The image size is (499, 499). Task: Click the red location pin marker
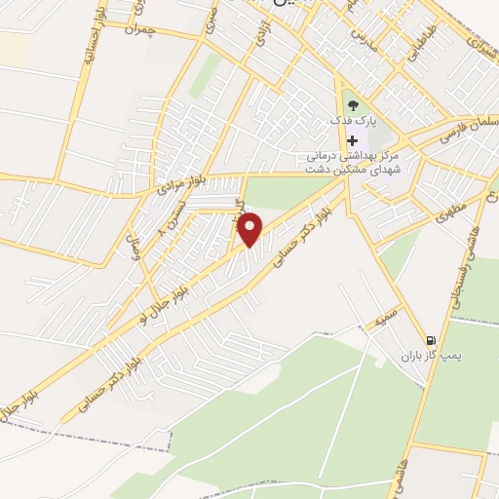pyautogui.click(x=251, y=230)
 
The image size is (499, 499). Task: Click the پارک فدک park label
pyautogui.click(x=353, y=122)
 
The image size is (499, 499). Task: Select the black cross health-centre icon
pyautogui.click(x=352, y=140)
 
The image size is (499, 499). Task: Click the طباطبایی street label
pyautogui.click(x=415, y=43)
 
